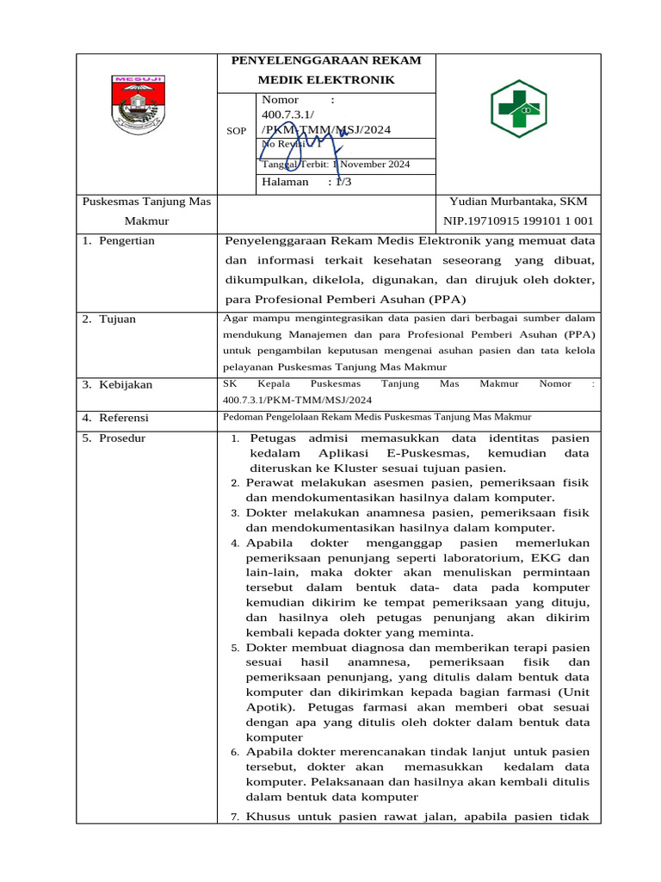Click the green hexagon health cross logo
(517, 109)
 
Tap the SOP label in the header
(236, 131)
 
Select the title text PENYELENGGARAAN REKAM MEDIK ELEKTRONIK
(326, 70)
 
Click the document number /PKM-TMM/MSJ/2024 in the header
(326, 129)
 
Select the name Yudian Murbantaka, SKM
(518, 202)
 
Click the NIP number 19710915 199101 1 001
(517, 221)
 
